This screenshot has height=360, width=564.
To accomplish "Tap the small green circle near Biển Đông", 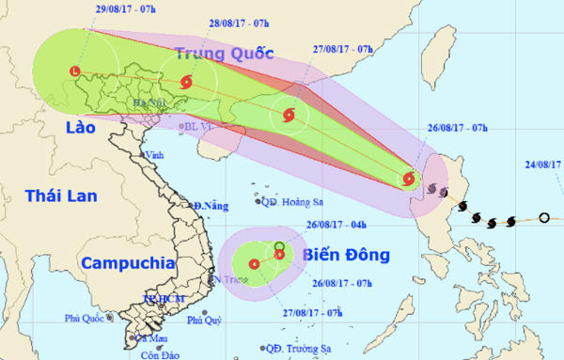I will click(x=279, y=246).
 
